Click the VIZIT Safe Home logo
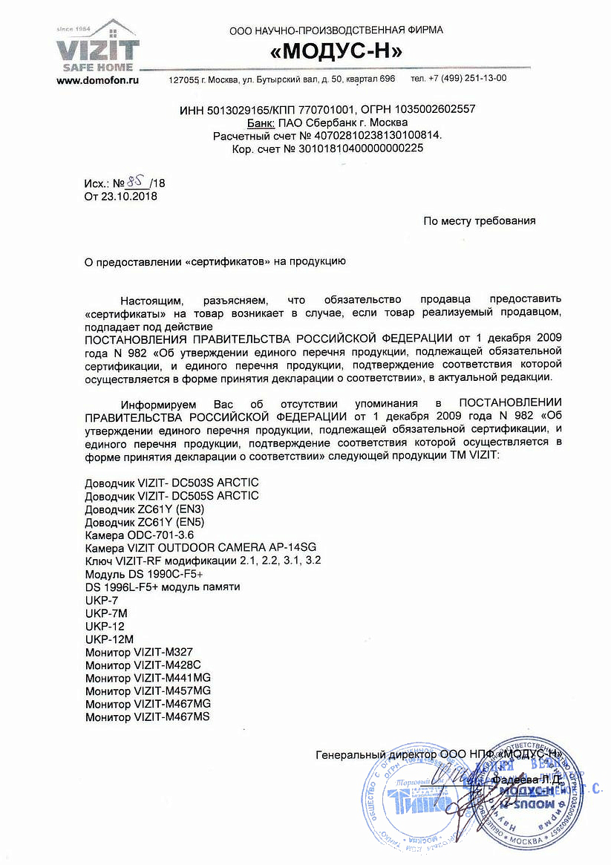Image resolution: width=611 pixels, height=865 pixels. pyautogui.click(x=98, y=48)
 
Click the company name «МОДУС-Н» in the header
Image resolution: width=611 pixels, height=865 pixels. pyautogui.click(x=336, y=51)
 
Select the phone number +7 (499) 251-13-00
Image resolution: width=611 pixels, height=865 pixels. pyautogui.click(x=469, y=79)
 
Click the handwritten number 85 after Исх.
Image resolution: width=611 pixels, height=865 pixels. pyautogui.click(x=136, y=181)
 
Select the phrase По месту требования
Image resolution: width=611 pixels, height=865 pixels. pyautogui.click(x=479, y=221)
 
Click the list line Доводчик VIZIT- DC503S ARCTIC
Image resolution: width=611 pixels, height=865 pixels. pyautogui.click(x=172, y=483)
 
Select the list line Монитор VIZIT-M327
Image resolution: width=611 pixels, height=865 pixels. pyautogui.click(x=144, y=651)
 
